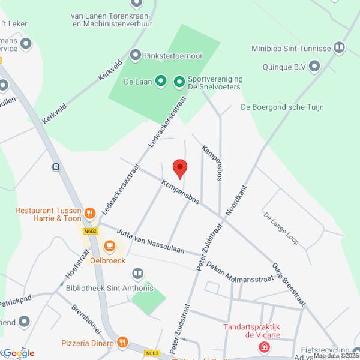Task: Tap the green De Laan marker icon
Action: [161, 80]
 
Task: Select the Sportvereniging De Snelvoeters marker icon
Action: [179, 81]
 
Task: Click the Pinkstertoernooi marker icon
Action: [136, 55]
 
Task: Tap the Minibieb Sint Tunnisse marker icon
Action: [339, 47]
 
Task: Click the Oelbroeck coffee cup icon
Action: [109, 245]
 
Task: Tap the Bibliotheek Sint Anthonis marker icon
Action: [138, 274]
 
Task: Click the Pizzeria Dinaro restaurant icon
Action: [122, 343]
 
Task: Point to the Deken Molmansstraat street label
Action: [239, 272]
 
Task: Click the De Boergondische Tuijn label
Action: [282, 107]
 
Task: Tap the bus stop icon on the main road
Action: [56, 167]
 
